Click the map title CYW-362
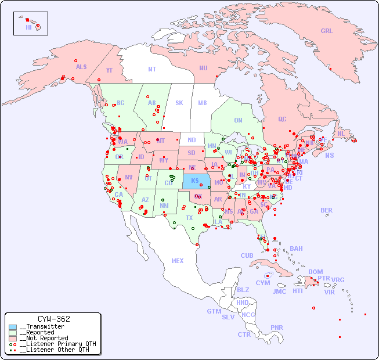tap(53, 319)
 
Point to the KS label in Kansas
tap(195, 181)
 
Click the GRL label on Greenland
tap(327, 31)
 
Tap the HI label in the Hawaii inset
tap(28, 27)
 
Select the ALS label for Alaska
tap(81, 67)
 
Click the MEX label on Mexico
tap(178, 261)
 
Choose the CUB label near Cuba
tap(247, 255)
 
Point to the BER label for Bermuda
tap(327, 210)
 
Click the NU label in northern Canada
tap(203, 68)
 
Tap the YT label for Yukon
tap(109, 70)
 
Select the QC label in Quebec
tap(282, 119)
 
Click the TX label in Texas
tap(189, 218)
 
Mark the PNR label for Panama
tap(277, 327)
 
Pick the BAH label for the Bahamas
tap(296, 249)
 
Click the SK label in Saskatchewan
tap(179, 103)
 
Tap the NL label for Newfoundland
tap(341, 134)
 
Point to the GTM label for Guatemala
tap(214, 311)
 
